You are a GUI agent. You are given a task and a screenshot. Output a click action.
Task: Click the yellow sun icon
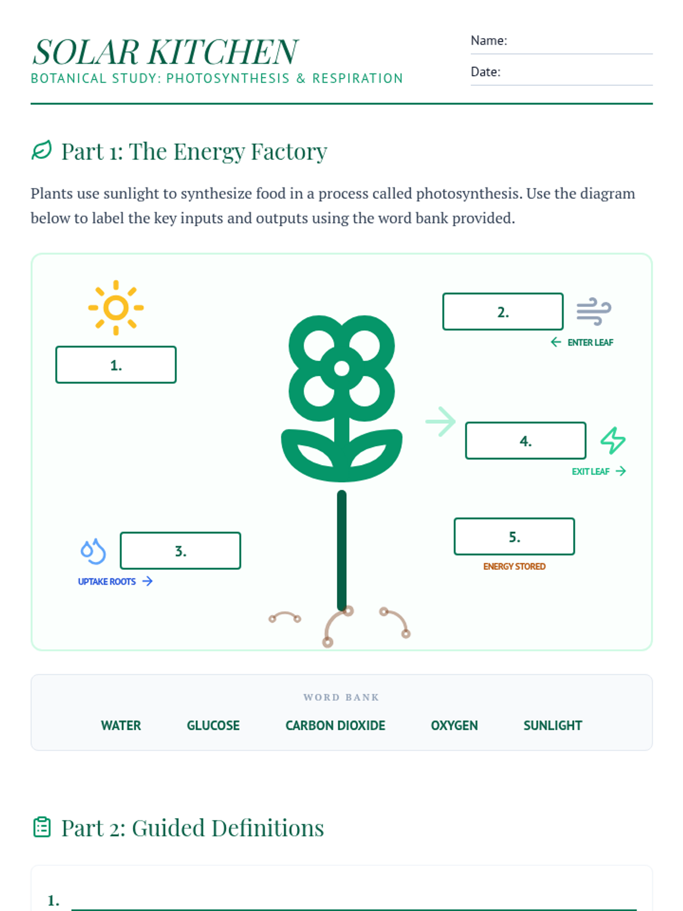pyautogui.click(x=116, y=307)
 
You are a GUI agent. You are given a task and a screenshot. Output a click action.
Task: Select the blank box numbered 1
pyautogui.click(x=116, y=364)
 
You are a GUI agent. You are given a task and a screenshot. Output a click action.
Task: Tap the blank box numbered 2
pyautogui.click(x=503, y=311)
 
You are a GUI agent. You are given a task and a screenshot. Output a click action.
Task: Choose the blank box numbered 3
pyautogui.click(x=180, y=551)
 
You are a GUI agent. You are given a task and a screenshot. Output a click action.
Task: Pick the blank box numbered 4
pyautogui.click(x=525, y=440)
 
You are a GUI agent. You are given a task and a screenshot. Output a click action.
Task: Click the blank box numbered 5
pyautogui.click(x=514, y=536)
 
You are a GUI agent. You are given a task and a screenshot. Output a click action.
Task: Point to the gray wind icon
pyautogui.click(x=594, y=311)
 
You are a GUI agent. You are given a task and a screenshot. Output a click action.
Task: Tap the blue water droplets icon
pyautogui.click(x=93, y=551)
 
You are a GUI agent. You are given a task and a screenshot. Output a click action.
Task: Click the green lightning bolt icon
pyautogui.click(x=613, y=440)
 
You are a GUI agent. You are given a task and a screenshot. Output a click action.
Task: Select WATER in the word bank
pyautogui.click(x=121, y=725)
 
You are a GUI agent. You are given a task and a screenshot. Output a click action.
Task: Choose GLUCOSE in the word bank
pyautogui.click(x=213, y=725)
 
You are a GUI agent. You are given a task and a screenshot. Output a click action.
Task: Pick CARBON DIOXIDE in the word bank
pyautogui.click(x=335, y=725)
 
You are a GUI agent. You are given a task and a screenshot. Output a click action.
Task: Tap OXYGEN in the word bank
pyautogui.click(x=454, y=725)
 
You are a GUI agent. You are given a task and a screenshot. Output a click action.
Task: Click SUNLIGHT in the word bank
pyautogui.click(x=552, y=725)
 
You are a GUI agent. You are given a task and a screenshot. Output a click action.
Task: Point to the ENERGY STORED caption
pyautogui.click(x=514, y=566)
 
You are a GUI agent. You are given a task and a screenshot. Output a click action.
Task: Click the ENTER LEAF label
pyautogui.click(x=590, y=342)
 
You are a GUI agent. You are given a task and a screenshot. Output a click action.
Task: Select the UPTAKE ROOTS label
pyautogui.click(x=106, y=581)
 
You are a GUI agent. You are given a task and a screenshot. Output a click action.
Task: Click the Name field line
pyautogui.click(x=562, y=54)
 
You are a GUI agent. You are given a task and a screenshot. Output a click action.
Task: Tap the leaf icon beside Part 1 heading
pyautogui.click(x=42, y=150)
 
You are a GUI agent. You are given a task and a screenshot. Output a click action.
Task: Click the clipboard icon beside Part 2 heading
pyautogui.click(x=42, y=827)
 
